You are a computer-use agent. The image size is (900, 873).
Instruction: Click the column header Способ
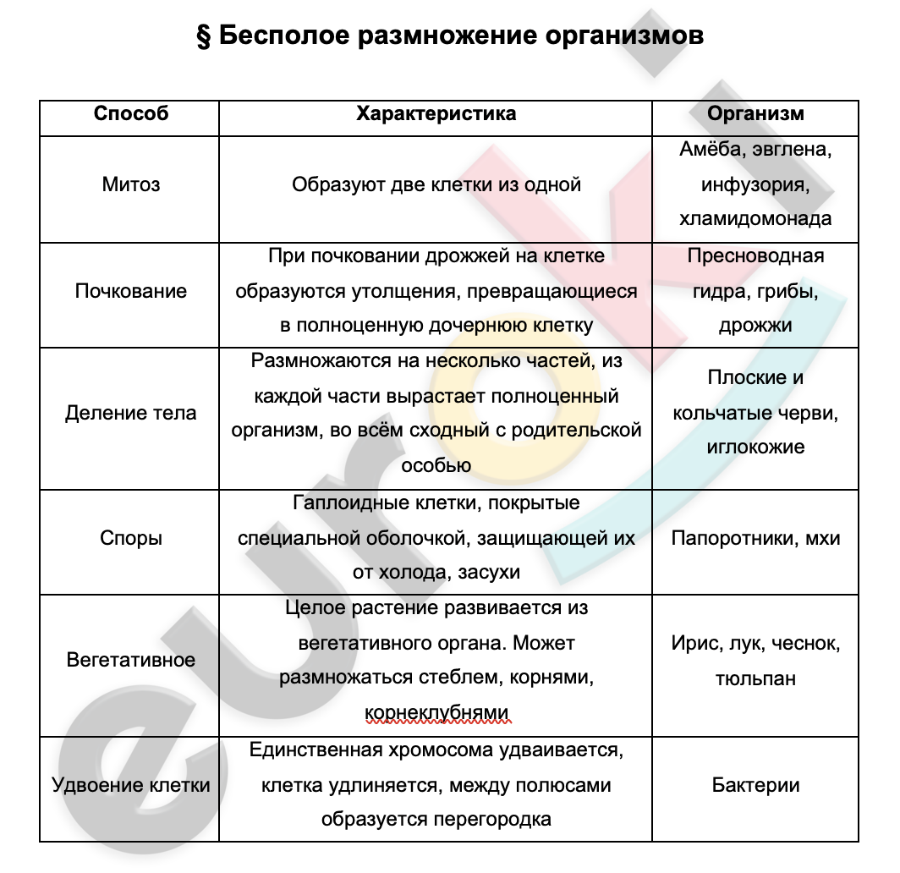(x=131, y=113)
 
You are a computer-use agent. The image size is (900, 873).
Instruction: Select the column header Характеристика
(x=436, y=113)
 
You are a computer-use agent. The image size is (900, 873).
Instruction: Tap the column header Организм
(x=755, y=113)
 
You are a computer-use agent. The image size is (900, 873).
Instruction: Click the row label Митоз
(x=131, y=184)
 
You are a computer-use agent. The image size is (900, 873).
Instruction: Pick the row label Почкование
(x=131, y=291)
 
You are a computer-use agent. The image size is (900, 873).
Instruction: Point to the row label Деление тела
(x=131, y=414)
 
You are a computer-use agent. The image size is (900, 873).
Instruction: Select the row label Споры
(x=131, y=538)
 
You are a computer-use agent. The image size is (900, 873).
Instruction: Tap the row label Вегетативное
(x=131, y=660)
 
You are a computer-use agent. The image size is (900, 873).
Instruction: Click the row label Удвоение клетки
(x=131, y=785)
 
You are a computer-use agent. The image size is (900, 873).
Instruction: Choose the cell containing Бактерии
(x=755, y=785)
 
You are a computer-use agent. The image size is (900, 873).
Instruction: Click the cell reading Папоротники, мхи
(x=755, y=538)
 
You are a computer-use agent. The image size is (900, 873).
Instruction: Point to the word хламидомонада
(x=755, y=218)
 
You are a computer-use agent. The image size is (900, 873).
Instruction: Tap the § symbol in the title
(x=203, y=36)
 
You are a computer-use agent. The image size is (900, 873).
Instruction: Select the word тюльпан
(x=755, y=678)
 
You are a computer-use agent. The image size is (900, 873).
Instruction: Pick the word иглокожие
(x=755, y=447)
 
